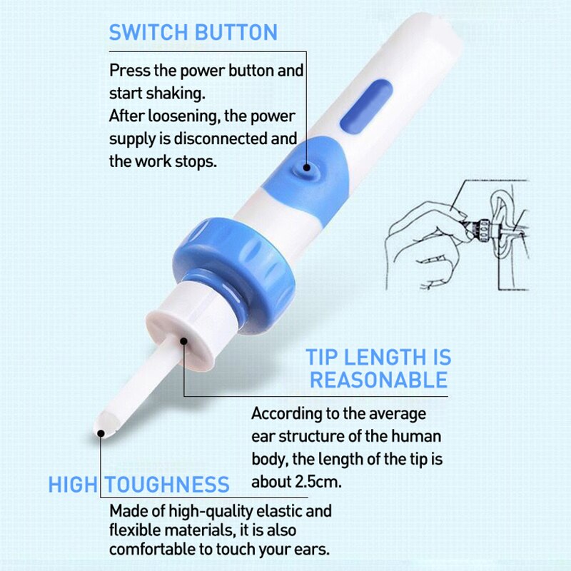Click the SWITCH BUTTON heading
point(193,32)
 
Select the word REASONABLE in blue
point(378,379)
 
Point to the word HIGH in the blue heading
point(71,485)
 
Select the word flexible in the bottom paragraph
point(133,531)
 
